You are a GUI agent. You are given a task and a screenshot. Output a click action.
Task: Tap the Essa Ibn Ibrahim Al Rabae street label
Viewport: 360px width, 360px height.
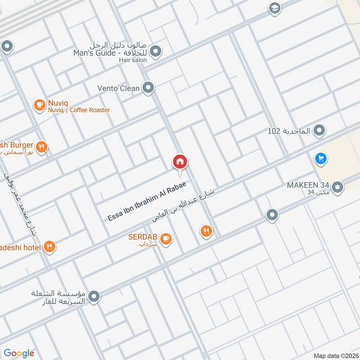coord(153,201)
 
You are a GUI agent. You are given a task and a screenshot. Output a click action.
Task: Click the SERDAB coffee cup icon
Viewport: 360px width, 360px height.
coord(166,238)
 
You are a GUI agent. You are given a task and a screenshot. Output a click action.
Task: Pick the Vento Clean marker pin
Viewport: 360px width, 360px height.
coord(148,88)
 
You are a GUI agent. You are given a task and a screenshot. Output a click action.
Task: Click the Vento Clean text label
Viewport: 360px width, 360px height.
coord(118,89)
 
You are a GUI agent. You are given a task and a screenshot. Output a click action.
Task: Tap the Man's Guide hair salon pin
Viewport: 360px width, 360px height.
coord(156,52)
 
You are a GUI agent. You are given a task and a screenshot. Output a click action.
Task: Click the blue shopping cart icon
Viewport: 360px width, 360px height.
coord(321,158)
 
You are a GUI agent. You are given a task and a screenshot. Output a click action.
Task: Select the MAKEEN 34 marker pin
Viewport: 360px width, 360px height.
coord(337,187)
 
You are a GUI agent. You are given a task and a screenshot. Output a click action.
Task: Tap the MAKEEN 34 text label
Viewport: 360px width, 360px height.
coord(309,185)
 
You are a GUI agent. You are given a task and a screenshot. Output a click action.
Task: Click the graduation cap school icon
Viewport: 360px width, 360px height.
coord(274,8)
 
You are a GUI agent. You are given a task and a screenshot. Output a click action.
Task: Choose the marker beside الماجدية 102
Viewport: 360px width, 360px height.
coord(319,131)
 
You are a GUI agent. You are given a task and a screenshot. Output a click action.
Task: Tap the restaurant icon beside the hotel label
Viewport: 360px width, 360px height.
coord(49,247)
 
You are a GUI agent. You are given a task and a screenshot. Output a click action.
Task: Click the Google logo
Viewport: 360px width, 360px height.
coord(19,353)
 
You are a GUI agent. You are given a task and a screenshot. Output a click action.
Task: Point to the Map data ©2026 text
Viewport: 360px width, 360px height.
coord(335,355)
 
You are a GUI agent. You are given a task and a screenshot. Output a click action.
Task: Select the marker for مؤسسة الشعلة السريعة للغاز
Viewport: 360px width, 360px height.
coord(94,297)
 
